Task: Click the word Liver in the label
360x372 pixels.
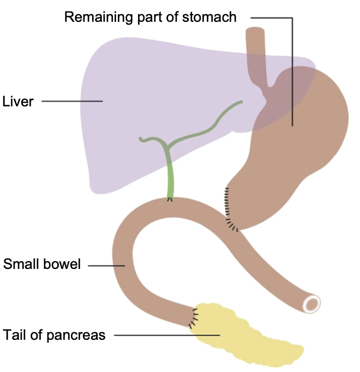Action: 18,101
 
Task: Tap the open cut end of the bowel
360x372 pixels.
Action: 313,303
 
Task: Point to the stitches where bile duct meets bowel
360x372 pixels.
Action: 171,199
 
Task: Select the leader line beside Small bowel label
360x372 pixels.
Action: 106,266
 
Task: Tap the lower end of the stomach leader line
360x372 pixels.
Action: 292,125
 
